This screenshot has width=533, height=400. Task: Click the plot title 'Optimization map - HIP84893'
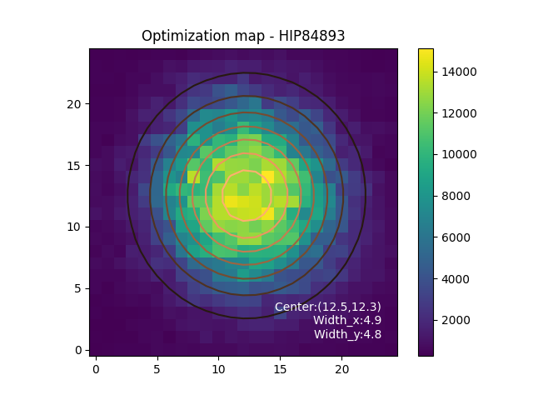pos(243,36)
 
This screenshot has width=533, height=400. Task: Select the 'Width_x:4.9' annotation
pos(347,321)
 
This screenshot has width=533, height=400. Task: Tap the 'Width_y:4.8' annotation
pos(347,334)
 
